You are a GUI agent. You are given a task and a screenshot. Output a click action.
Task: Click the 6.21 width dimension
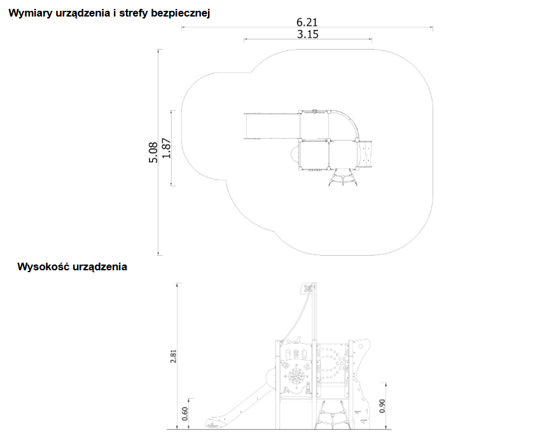(x=307, y=22)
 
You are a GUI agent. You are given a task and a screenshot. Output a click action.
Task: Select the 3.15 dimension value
(x=308, y=34)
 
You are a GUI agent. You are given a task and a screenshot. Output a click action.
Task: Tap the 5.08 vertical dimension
(x=153, y=152)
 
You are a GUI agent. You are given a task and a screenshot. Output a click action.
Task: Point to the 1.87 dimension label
(x=167, y=148)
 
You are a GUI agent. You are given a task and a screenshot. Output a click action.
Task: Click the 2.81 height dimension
(x=173, y=356)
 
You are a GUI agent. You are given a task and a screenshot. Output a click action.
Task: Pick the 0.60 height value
(x=185, y=413)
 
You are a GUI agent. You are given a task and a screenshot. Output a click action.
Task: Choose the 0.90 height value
(x=382, y=406)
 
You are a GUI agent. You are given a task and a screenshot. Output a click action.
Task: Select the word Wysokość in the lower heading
(x=44, y=267)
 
